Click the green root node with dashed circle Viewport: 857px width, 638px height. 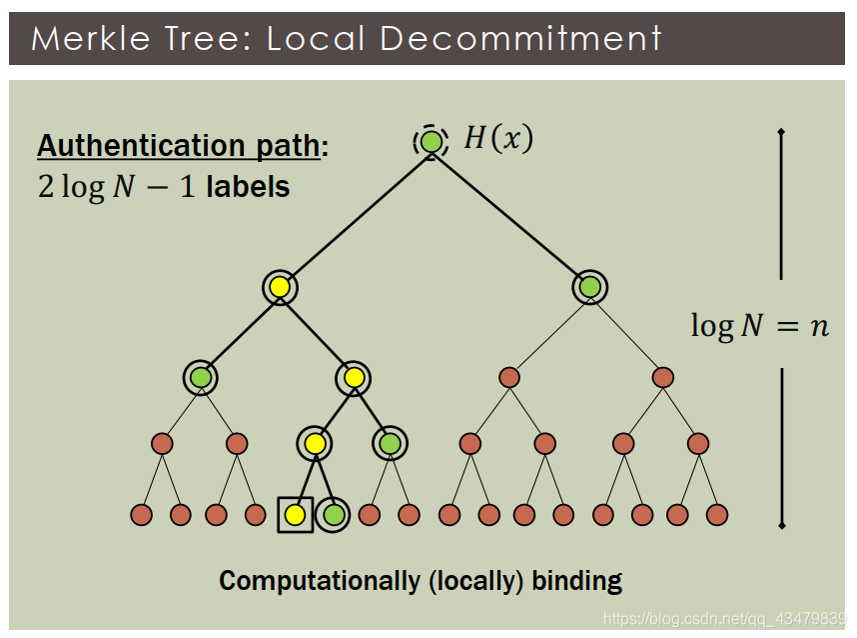(x=430, y=141)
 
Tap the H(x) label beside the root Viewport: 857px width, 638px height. (x=497, y=138)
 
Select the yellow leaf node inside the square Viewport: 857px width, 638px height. (x=295, y=515)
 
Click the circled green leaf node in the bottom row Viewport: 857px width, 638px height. (x=334, y=515)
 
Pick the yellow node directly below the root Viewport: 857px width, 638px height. (x=280, y=288)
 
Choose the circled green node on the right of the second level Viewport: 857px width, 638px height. (x=590, y=288)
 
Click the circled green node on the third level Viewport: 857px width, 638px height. (x=201, y=378)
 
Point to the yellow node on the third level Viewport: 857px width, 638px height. (x=354, y=378)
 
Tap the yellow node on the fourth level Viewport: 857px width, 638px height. (x=315, y=442)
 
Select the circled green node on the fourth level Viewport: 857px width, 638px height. (x=390, y=442)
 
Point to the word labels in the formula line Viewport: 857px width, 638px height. (x=248, y=187)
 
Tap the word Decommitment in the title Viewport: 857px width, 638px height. (x=520, y=38)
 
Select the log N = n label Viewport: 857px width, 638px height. (x=759, y=325)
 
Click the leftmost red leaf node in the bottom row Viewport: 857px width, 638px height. (x=141, y=515)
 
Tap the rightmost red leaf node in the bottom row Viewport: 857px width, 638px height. (x=717, y=515)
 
